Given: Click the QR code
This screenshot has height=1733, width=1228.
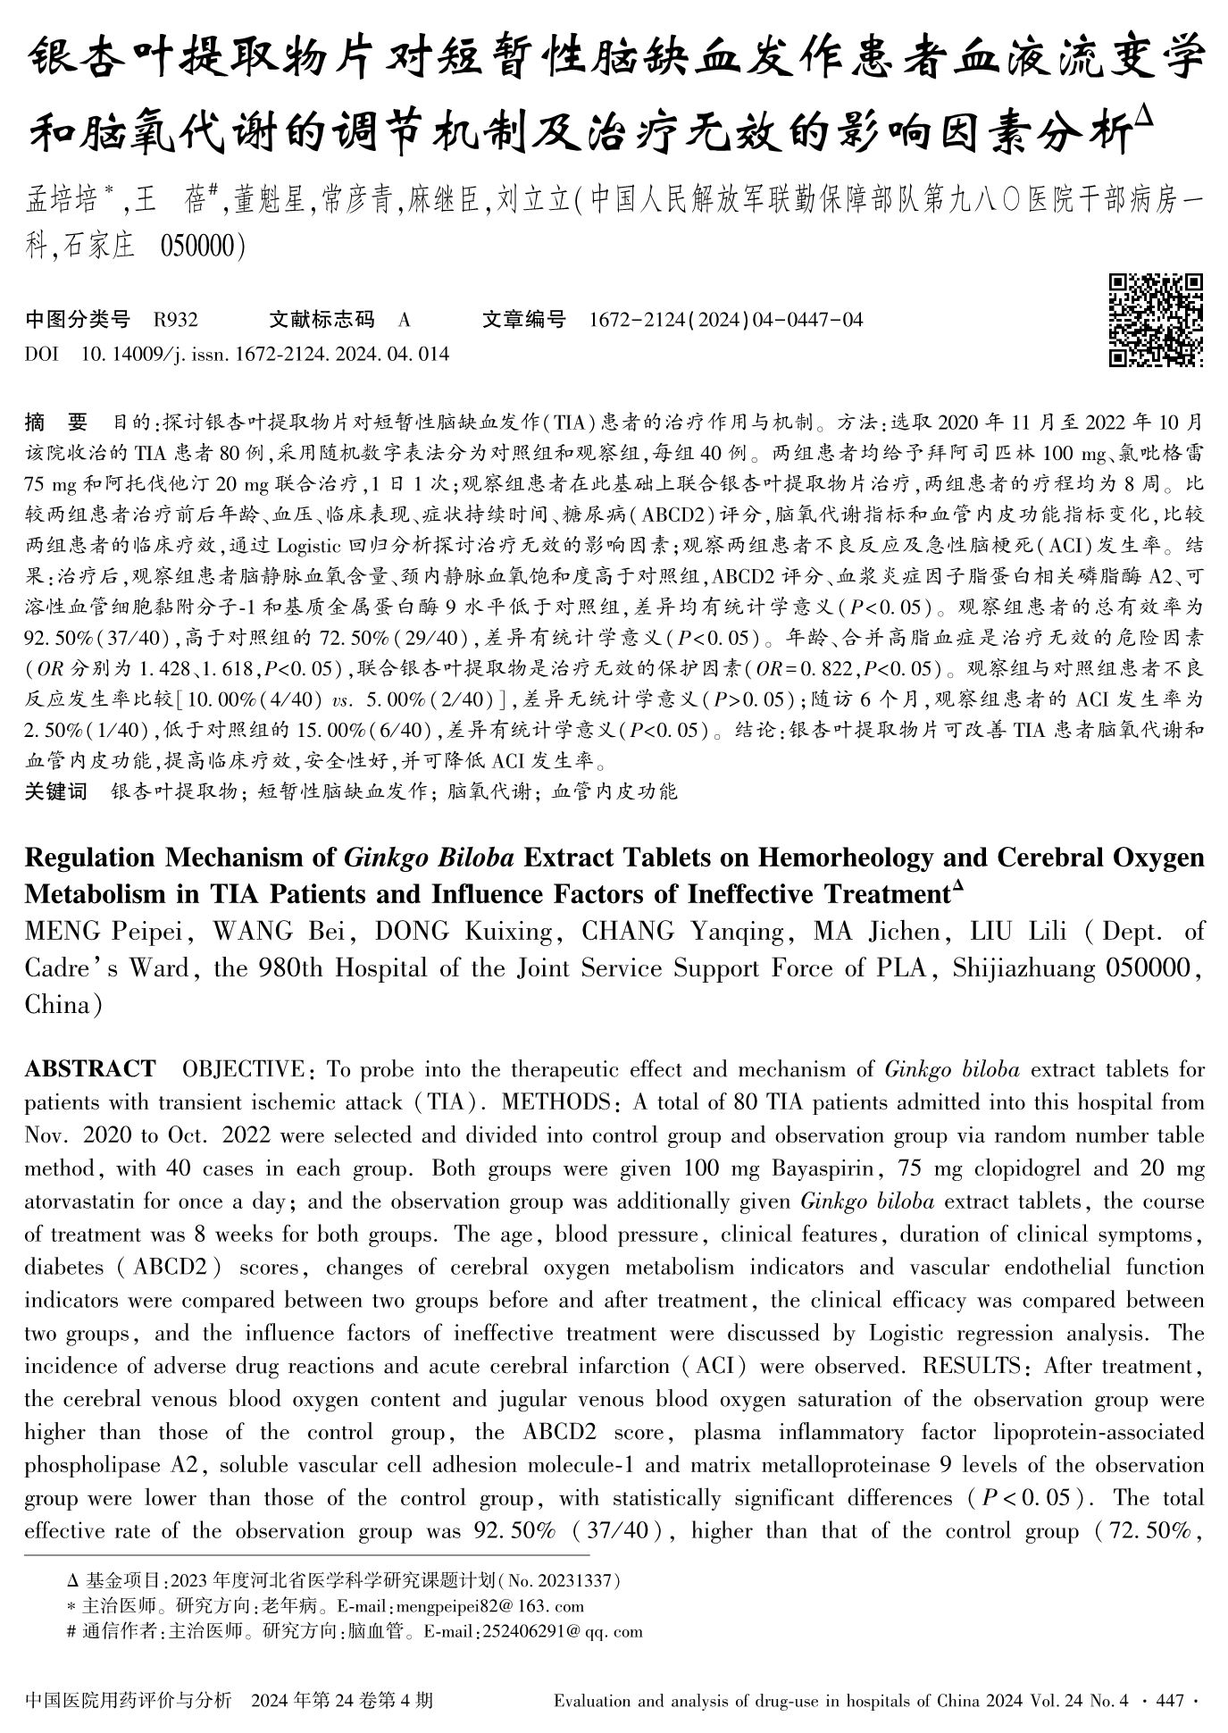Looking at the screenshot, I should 1156,320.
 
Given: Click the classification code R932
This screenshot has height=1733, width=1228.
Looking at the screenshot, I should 176,320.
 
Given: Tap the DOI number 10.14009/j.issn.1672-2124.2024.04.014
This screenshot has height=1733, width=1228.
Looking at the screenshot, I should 265,354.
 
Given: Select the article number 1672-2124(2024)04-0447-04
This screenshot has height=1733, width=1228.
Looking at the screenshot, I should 726,320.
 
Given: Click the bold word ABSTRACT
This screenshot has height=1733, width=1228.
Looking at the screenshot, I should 89,1069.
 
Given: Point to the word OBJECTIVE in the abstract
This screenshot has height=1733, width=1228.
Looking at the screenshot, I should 242,1069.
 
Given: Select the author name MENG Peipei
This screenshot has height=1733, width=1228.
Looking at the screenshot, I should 106,932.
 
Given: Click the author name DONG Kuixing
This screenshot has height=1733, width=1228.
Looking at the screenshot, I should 463,932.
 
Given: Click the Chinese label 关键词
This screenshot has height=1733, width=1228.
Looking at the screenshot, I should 56,791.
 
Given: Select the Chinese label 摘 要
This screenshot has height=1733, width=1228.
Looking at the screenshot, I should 57,421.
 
